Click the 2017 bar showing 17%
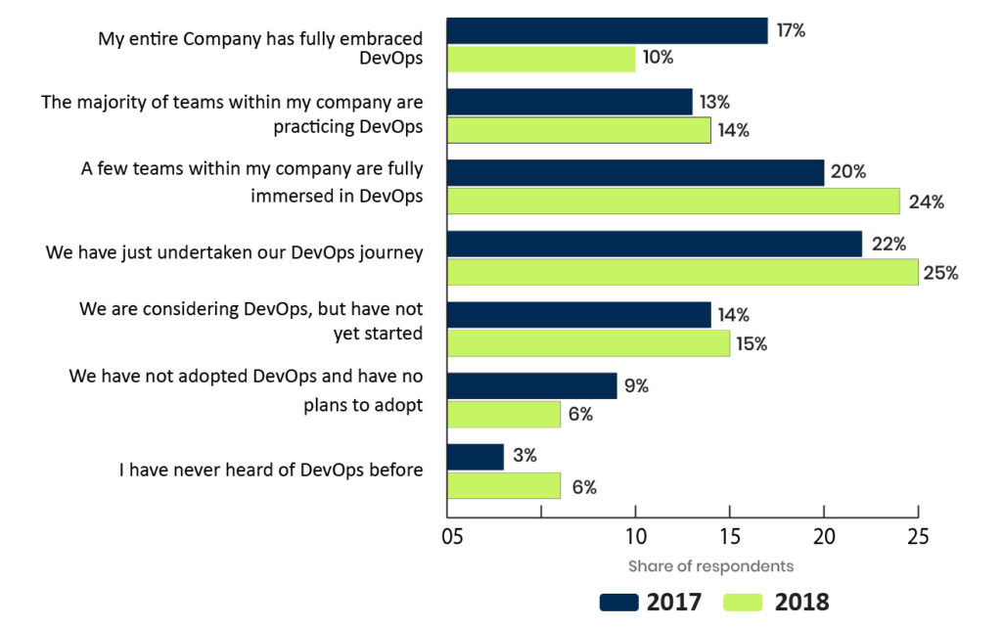tap(607, 31)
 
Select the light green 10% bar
tap(541, 59)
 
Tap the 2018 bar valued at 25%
tap(682, 272)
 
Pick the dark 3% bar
tap(476, 457)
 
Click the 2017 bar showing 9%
tap(531, 385)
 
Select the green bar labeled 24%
tap(673, 201)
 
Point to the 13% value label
tap(715, 102)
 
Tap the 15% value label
tap(752, 344)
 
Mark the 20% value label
tap(847, 172)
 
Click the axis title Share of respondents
tap(710, 566)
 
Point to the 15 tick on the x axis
tap(730, 537)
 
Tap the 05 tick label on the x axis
tap(451, 537)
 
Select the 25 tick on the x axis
tap(918, 537)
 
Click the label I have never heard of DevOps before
tap(271, 471)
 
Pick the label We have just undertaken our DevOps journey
tap(234, 252)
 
